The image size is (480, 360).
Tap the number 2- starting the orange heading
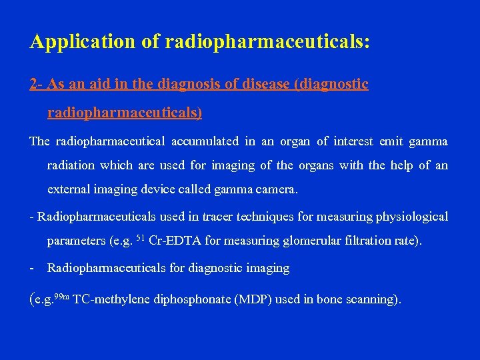click(x=37, y=85)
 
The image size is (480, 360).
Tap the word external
click(x=69, y=189)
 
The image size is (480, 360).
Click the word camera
click(x=275, y=189)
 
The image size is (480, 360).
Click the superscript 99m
click(x=61, y=295)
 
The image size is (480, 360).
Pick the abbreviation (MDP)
click(x=254, y=299)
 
